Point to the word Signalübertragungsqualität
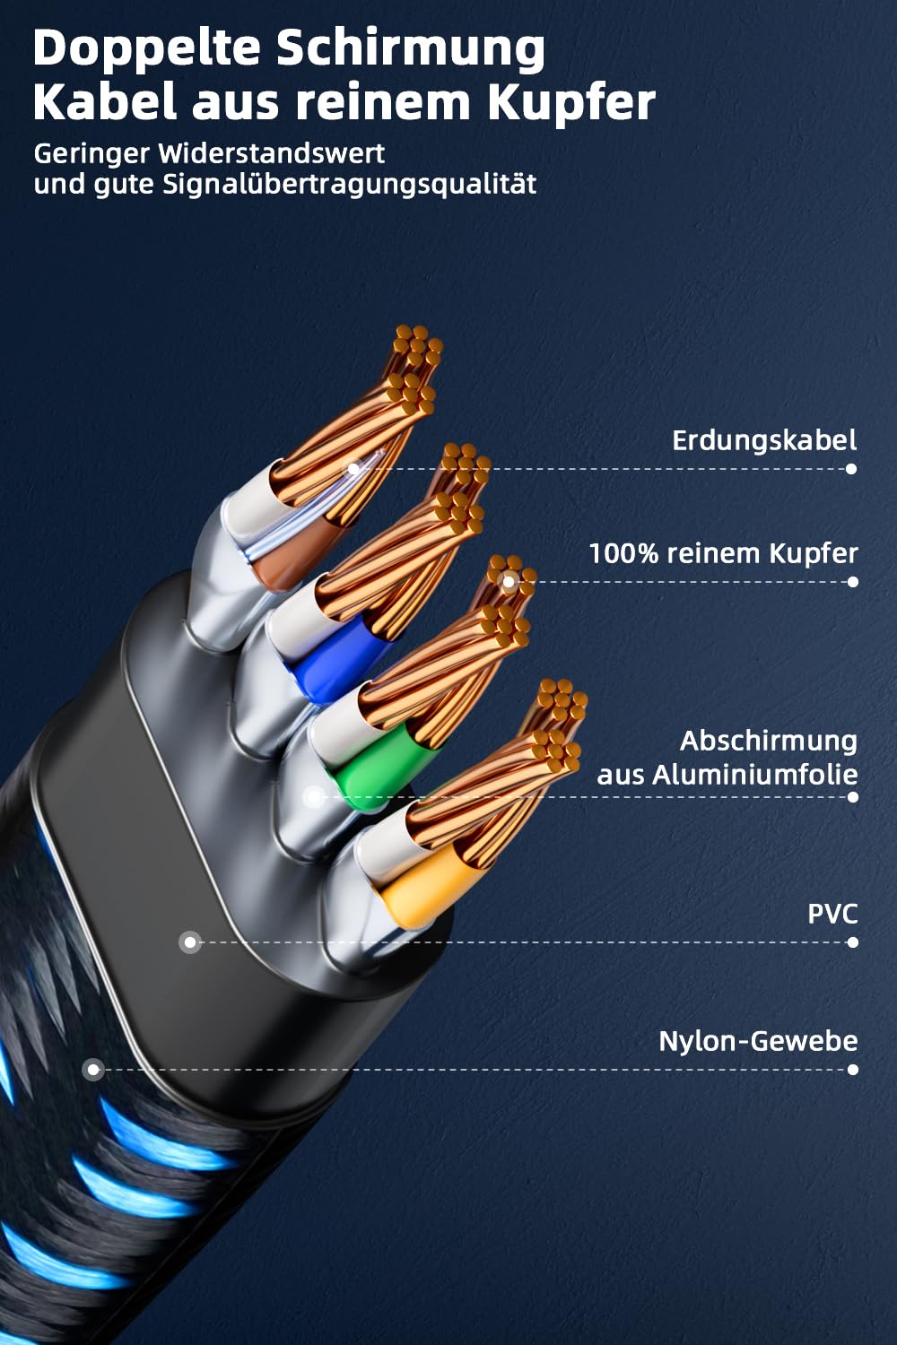[350, 185]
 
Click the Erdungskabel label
[764, 440]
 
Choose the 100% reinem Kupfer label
[723, 553]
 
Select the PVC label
[832, 914]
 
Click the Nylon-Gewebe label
[758, 1041]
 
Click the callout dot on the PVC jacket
[189, 942]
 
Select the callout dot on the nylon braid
[92, 1070]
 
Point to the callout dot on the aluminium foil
[313, 796]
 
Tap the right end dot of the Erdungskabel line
[851, 469]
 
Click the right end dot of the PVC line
[852, 942]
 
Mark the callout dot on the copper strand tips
[509, 582]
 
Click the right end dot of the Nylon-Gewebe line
[852, 1070]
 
